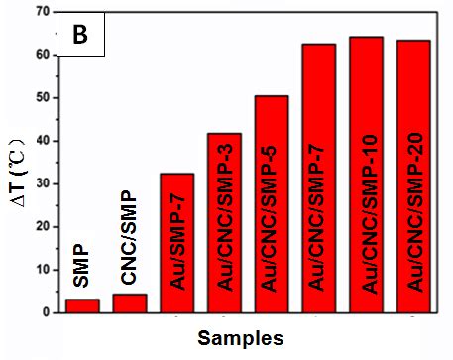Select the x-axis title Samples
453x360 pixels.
(x=239, y=337)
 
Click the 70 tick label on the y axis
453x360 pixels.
(x=41, y=13)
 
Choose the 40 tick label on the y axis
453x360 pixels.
(x=41, y=141)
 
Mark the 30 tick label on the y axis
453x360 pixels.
(x=41, y=183)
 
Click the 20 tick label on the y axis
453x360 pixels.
(x=41, y=226)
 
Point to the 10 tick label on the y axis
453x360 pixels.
(x=41, y=269)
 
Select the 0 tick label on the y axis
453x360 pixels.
(x=45, y=311)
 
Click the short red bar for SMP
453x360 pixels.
(x=82, y=305)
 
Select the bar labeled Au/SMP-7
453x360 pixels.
(x=177, y=243)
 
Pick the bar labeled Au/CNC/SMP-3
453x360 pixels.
(x=224, y=223)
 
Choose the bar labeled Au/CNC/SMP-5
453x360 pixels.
(x=272, y=204)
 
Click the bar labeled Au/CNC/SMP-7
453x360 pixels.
(x=319, y=179)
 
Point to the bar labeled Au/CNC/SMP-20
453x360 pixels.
(x=412, y=177)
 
